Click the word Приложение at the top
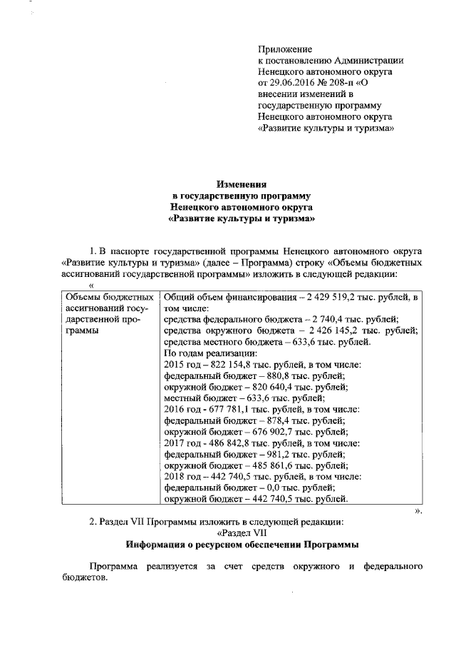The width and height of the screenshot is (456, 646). [x=285, y=49]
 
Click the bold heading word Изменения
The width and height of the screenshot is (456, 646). [x=241, y=183]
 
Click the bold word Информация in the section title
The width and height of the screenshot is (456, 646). [x=160, y=545]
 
